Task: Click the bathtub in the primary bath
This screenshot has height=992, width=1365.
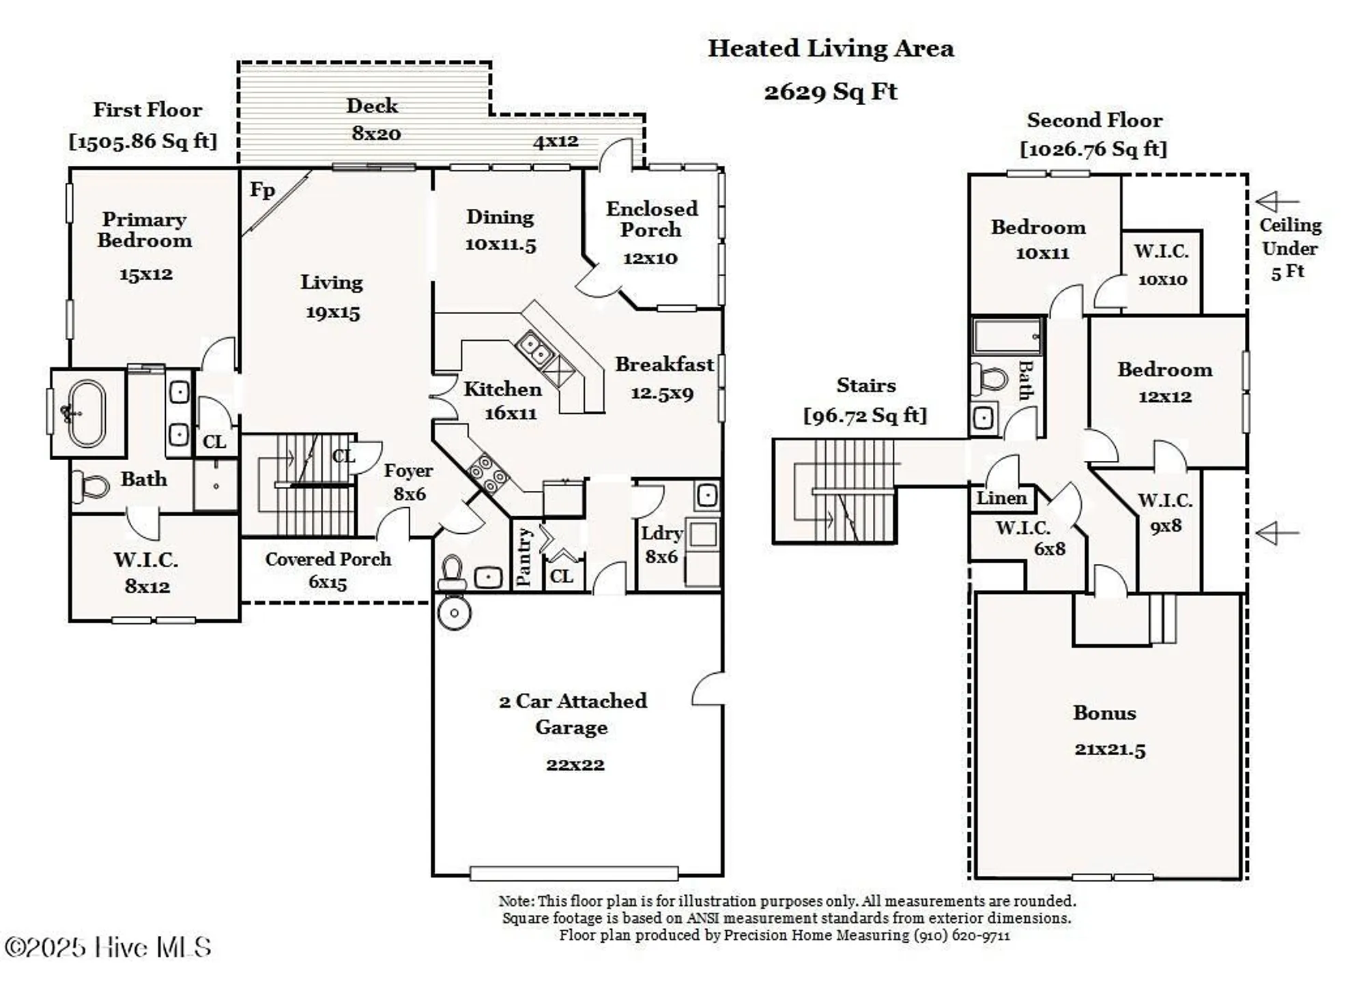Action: [x=88, y=413]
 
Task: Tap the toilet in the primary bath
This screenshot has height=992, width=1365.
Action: [x=92, y=485]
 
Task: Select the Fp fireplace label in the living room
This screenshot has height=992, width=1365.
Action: [x=262, y=190]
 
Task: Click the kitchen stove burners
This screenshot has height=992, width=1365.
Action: [x=489, y=472]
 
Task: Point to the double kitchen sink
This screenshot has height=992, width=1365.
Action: [x=534, y=349]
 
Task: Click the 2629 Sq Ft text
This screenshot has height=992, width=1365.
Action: [x=830, y=91]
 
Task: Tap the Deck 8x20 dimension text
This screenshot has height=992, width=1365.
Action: [x=376, y=133]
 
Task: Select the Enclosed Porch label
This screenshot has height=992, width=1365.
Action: [x=651, y=219]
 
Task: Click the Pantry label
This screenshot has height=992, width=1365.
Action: [x=524, y=556]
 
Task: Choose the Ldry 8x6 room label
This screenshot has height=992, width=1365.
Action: [x=661, y=544]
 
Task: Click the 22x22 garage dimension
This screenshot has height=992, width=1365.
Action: [x=575, y=764]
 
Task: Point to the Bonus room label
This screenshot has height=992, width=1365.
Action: [x=1104, y=713]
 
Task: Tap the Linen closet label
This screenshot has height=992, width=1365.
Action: [x=1001, y=498]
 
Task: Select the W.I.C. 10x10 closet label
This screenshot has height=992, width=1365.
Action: [x=1162, y=264]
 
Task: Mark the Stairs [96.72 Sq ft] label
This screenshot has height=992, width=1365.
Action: [x=865, y=399]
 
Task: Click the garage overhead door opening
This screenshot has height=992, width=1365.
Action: [x=574, y=873]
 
